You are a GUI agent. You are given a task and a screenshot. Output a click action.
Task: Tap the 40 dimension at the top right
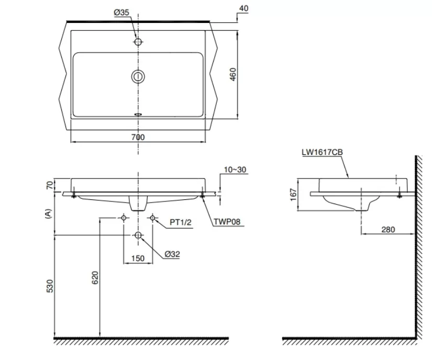click(243, 8)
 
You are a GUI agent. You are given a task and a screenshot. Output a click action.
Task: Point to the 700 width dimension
click(138, 137)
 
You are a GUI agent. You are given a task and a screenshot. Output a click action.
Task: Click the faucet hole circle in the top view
click(138, 42)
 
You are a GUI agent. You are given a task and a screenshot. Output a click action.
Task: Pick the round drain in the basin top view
click(138, 77)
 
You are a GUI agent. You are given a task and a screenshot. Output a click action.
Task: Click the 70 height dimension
click(50, 185)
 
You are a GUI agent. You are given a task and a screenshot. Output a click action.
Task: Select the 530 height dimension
click(50, 286)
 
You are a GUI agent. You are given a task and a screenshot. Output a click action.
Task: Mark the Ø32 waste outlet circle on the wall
click(138, 235)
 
